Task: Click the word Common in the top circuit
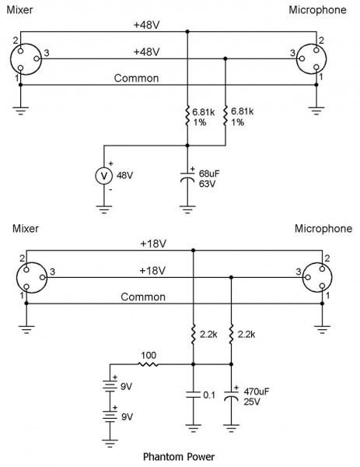137,79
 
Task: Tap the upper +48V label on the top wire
145,25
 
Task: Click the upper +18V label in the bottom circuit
153,244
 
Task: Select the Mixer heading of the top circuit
21,9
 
